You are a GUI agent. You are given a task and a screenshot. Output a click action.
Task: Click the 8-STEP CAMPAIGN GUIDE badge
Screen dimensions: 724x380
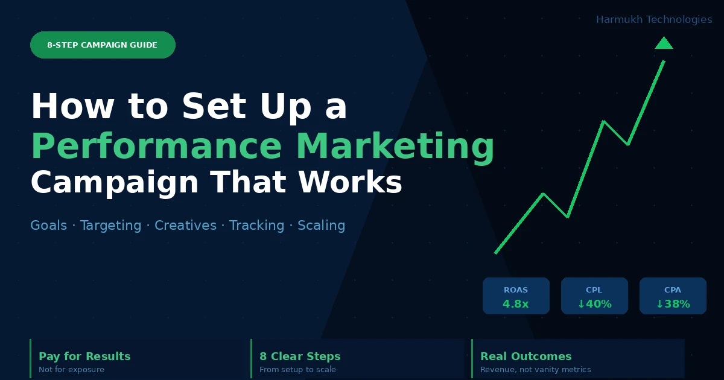(103, 45)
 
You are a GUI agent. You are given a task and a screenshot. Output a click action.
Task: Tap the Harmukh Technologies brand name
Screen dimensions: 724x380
(654, 19)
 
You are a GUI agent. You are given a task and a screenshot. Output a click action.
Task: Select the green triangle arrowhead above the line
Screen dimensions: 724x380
(664, 43)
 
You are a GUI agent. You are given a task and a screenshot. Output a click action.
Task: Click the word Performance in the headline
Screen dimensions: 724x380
(156, 147)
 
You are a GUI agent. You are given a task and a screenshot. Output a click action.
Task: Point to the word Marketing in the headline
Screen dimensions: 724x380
(395, 147)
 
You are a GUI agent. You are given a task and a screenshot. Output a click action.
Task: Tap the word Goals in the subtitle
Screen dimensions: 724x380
(48, 225)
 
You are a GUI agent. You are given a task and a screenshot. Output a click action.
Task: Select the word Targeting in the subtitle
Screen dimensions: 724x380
(110, 226)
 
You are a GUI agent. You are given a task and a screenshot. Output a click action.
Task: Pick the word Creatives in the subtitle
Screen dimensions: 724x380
(186, 225)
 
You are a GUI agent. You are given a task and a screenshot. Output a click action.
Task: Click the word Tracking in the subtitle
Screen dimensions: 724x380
(256, 226)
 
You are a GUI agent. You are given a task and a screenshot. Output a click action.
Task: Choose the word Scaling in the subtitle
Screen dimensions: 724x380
(321, 226)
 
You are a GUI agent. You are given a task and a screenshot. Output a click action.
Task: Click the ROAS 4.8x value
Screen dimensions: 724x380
(515, 304)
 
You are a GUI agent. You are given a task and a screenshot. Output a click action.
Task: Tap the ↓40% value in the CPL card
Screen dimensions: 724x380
(594, 304)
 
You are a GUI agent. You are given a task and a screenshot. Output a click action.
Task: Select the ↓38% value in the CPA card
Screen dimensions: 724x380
(673, 304)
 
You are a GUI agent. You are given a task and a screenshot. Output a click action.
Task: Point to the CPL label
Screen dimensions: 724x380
(594, 290)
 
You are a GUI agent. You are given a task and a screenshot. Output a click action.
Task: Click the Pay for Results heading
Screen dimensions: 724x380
(84, 356)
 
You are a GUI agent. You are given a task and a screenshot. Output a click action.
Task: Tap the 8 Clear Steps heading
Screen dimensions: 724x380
(300, 356)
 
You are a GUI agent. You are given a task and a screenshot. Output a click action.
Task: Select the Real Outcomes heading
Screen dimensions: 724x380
(526, 356)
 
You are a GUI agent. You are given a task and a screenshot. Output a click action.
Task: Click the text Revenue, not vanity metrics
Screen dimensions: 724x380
(536, 369)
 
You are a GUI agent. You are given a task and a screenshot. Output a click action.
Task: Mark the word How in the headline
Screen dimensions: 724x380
(72, 106)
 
